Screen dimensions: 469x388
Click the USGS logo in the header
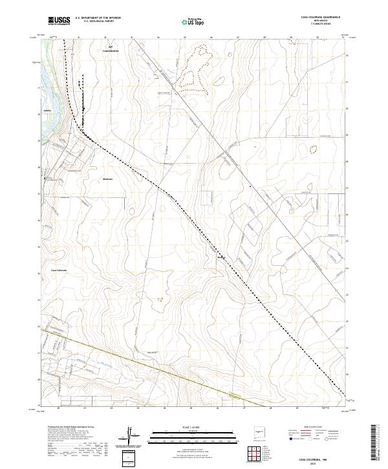(x=59, y=21)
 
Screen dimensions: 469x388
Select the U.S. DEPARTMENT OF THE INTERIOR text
(x=98, y=18)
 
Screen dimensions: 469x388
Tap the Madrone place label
(x=107, y=179)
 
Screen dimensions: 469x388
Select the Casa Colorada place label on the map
(x=59, y=270)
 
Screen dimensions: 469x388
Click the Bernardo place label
(x=221, y=257)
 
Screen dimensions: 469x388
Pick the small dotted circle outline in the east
(x=314, y=149)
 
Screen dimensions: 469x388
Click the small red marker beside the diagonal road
(x=250, y=187)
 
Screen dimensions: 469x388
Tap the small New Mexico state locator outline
(x=260, y=430)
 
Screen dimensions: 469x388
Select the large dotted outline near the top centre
(x=194, y=65)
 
